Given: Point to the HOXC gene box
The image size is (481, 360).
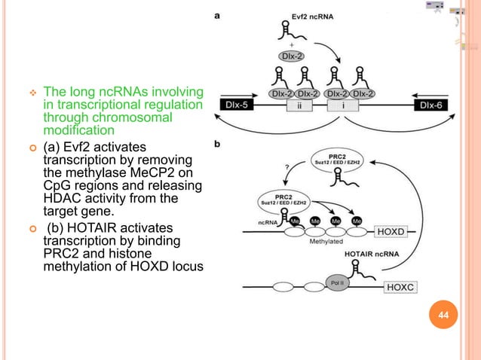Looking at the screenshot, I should pos(406,286).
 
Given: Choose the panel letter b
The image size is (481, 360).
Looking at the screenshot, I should pos(219,146).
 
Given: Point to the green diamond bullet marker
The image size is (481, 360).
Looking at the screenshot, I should pos(32,91).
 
